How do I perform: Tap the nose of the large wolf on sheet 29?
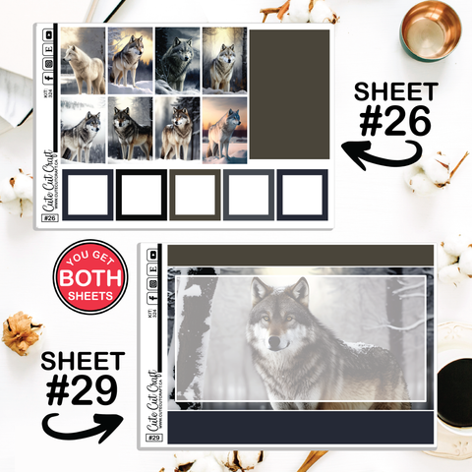pyautogui.click(x=274, y=341)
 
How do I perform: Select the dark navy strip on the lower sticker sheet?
pyautogui.click(x=301, y=428)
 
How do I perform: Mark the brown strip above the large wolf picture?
pyautogui.click(x=301, y=256)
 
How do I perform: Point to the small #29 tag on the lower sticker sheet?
pyautogui.click(x=156, y=437)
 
